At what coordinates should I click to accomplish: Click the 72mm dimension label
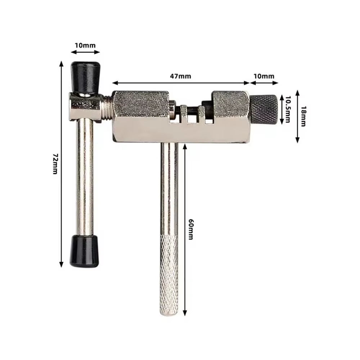tap(55, 163)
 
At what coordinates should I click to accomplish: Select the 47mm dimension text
tap(180, 76)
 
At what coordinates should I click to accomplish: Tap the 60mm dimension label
tap(191, 230)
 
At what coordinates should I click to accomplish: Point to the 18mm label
tap(303, 116)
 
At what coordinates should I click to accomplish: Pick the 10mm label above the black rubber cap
tap(85, 45)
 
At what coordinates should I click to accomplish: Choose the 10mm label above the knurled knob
tap(264, 76)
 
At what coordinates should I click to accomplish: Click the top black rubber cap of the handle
tap(85, 76)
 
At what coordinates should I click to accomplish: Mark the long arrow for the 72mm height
tap(62, 163)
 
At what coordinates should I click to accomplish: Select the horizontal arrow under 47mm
tap(181, 82)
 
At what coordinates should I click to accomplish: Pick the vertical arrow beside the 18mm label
tap(297, 116)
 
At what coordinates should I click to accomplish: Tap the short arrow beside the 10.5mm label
tap(281, 109)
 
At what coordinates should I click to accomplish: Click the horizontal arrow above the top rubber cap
tap(85, 52)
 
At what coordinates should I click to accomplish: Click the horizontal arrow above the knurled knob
tap(264, 82)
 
